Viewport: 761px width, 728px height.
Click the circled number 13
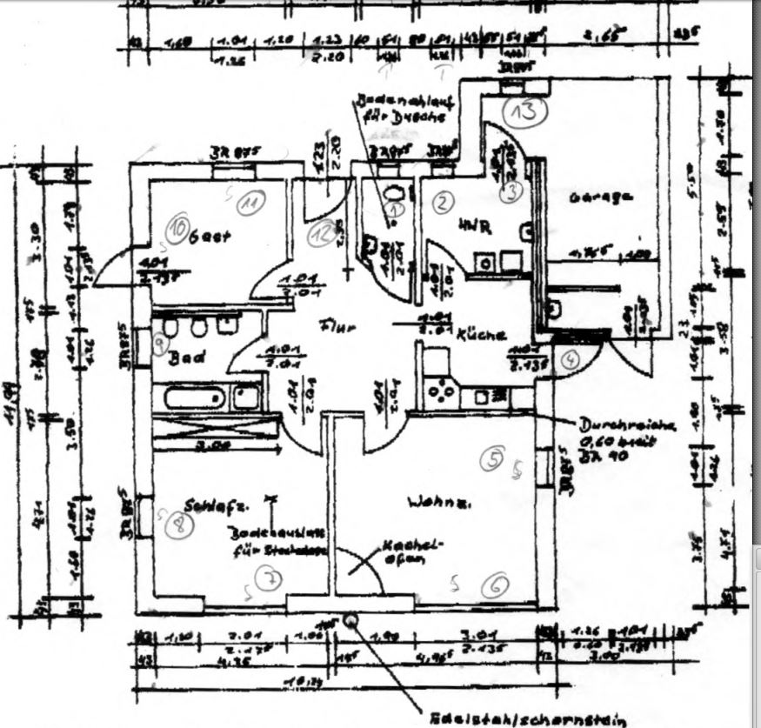coord(525,110)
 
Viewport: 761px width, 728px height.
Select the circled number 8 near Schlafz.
coord(180,524)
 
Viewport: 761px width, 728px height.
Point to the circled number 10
coord(178,228)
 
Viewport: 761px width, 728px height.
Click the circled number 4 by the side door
coord(571,358)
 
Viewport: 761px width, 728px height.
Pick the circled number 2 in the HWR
coord(444,203)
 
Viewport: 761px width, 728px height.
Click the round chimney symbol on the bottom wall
coord(351,619)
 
